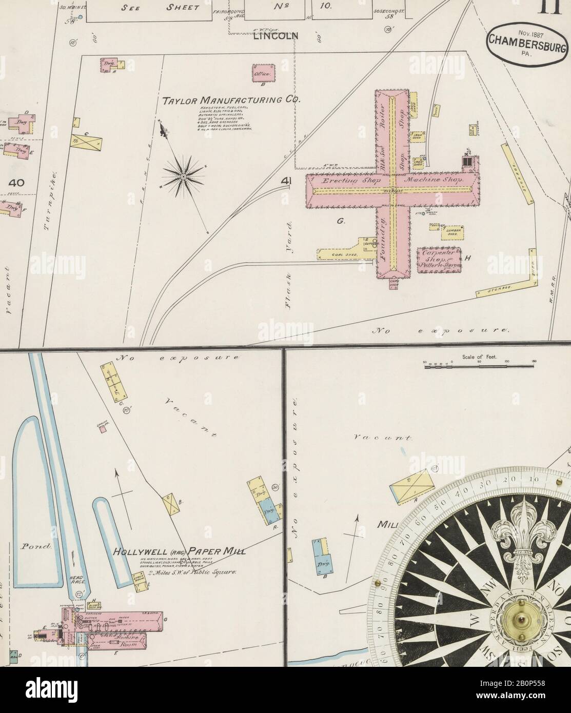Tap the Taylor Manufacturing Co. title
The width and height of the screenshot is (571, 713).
[x=231, y=100]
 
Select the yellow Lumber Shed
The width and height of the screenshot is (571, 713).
[x=454, y=232]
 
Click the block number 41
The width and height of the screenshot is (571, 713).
[x=287, y=181]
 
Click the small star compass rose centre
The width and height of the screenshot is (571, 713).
[x=183, y=176]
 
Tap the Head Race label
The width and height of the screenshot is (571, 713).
[x=76, y=580]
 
